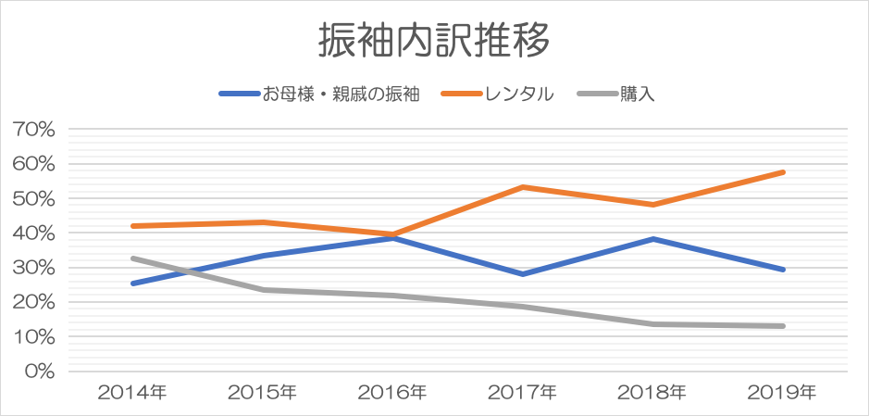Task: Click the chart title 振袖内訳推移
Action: pyautogui.click(x=434, y=41)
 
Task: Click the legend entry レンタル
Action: pyautogui.click(x=520, y=94)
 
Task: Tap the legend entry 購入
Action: pyautogui.click(x=638, y=94)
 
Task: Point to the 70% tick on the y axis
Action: pyautogui.click(x=35, y=130)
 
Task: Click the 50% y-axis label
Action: pyautogui.click(x=35, y=198)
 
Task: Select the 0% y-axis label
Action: pyautogui.click(x=40, y=372)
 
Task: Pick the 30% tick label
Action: pyautogui.click(x=35, y=268)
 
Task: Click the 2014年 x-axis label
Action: pyautogui.click(x=132, y=392)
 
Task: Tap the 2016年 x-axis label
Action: pyautogui.click(x=392, y=392)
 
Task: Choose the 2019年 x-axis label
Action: pyautogui.click(x=783, y=392)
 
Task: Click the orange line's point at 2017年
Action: pyautogui.click(x=523, y=187)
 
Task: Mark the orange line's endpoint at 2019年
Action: pyautogui.click(x=783, y=172)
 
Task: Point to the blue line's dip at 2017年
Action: pyautogui.click(x=523, y=274)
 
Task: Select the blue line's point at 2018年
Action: pyautogui.click(x=653, y=239)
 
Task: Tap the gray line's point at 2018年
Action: pyautogui.click(x=653, y=324)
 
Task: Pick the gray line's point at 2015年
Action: pyautogui.click(x=263, y=290)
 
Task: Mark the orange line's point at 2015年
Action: pyautogui.click(x=263, y=222)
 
